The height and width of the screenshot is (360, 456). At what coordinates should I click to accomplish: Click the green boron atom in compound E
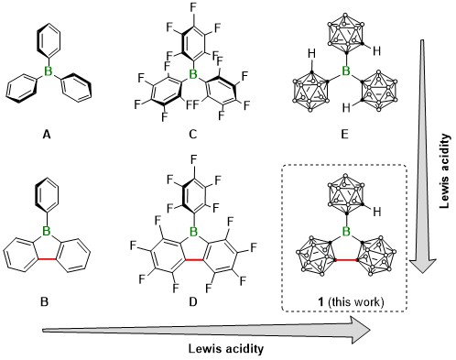349,70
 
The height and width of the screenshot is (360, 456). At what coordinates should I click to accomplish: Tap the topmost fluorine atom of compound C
191,7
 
